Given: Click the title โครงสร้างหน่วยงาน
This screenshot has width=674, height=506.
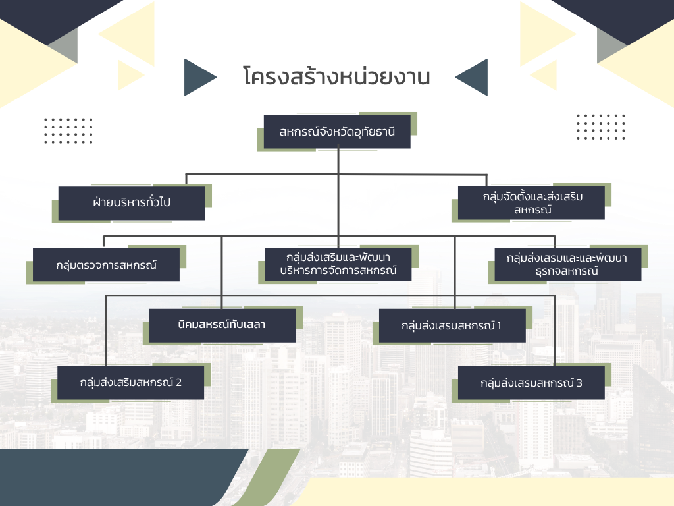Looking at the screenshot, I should pos(336,77).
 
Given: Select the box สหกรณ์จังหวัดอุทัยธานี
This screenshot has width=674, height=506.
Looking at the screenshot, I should pos(337,132).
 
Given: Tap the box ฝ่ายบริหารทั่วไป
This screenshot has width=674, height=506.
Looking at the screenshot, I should pos(132,202).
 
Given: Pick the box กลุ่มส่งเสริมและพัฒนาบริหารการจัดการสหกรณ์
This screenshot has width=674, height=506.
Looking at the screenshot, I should pos(338,264).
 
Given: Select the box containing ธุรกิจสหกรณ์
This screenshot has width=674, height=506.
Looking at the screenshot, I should pos(567,264).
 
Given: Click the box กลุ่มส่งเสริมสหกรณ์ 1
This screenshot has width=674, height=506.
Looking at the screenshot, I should pos(451,325).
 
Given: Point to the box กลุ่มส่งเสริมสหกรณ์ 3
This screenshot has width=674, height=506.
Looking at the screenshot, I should pos(531,383).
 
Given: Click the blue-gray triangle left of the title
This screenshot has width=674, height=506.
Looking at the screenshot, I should pos(199,77).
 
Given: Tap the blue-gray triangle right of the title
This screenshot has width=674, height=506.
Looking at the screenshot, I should pos(473,77).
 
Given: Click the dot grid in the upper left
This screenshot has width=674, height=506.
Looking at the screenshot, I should pos(68,130).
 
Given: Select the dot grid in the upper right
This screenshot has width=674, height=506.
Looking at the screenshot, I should pos(600,126).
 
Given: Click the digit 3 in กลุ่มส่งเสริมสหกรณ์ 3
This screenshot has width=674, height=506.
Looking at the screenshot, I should pos(579,383).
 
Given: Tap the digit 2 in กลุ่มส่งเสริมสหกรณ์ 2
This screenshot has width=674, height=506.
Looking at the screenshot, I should pos(178,382).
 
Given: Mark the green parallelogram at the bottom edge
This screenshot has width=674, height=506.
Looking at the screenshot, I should pos(263,478).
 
